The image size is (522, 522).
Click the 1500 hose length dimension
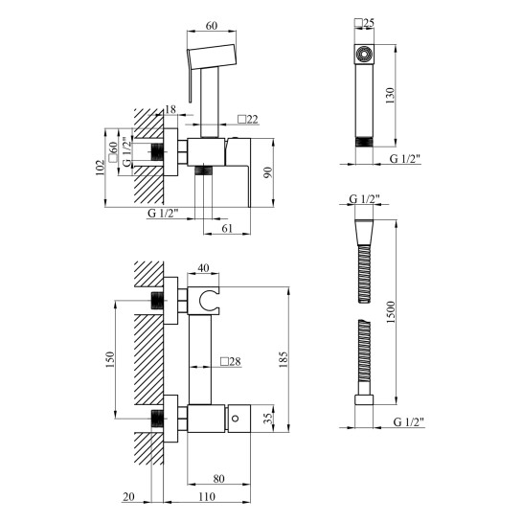click(391, 312)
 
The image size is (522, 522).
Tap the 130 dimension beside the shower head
click(390, 96)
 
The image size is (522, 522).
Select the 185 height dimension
click(284, 359)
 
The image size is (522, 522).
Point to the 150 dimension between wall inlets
click(110, 359)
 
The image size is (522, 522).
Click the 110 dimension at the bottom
click(207, 497)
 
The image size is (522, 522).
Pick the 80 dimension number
click(218, 479)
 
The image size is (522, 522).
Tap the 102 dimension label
click(100, 168)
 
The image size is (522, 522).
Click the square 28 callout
click(231, 361)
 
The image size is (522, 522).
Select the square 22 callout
click(248, 119)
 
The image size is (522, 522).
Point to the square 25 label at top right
click(365, 23)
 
